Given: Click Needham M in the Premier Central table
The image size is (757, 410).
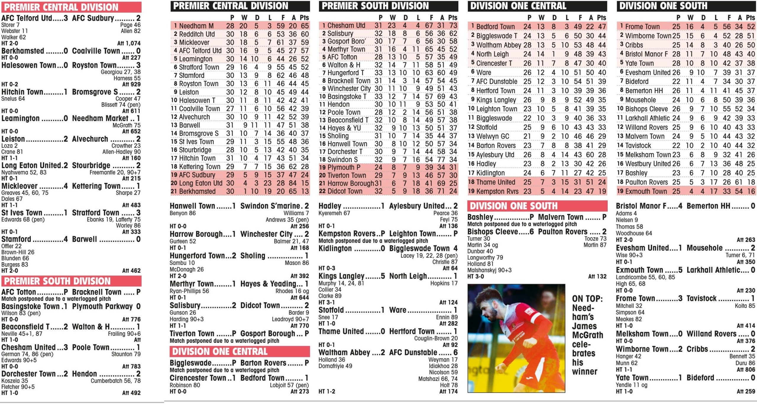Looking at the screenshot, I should pyautogui.click(x=196, y=26).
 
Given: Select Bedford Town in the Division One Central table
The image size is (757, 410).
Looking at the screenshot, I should pyautogui.click(x=495, y=27).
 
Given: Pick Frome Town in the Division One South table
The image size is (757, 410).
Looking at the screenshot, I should pyautogui.click(x=642, y=27).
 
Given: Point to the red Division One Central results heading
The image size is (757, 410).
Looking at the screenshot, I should pyautogui.click(x=220, y=351).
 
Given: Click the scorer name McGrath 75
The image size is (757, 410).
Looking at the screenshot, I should pyautogui.click(x=127, y=125).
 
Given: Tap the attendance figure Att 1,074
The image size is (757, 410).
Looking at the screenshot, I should pyautogui.click(x=129, y=43).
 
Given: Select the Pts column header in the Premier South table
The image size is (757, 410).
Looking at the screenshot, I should pyautogui.click(x=452, y=18).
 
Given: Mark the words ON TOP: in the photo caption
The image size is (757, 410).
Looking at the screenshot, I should pyautogui.click(x=587, y=299).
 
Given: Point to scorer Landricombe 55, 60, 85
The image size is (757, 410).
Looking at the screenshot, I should pyautogui.click(x=645, y=277).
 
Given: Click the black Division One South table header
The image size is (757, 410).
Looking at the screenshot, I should pyautogui.click(x=686, y=6).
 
